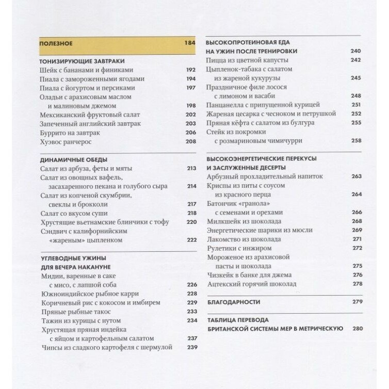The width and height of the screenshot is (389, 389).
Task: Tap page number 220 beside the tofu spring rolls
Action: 191,222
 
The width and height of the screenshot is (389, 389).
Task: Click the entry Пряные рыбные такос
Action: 75,312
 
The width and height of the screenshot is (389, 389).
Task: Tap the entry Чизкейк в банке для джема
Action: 249,274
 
